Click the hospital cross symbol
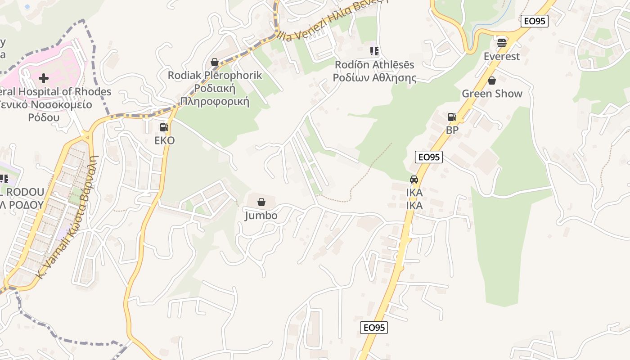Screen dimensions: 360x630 coord(44,78)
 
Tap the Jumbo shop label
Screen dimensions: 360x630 coord(261,216)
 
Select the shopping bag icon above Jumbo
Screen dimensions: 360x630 coord(261,202)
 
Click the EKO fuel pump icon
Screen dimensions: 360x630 coord(164,127)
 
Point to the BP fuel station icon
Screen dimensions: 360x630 coord(452,117)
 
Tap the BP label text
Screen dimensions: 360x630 coord(452,130)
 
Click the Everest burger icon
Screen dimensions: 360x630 coord(502,43)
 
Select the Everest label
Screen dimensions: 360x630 coord(502,56)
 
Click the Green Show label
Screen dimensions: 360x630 coord(492,94)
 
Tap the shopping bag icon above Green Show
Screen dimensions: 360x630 coord(492,81)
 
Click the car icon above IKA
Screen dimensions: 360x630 coord(414,180)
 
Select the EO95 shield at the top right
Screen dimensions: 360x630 coord(535,21)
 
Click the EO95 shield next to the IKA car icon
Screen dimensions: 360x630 coord(429,157)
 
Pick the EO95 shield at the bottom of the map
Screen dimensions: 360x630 coord(374,327)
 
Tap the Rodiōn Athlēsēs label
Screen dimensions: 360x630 coord(374,65)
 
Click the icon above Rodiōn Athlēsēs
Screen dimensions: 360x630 coord(374,51)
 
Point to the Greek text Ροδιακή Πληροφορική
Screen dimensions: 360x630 coord(215,94)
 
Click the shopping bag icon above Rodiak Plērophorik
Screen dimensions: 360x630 coord(215,62)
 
